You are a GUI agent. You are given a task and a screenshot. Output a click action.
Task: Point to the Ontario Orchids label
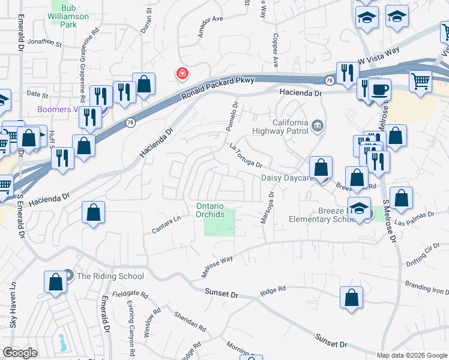pyautogui.click(x=210, y=210)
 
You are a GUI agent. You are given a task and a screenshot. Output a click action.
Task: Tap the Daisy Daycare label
pyautogui.click(x=288, y=178)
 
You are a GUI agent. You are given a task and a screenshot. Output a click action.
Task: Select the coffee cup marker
pyautogui.click(x=379, y=91)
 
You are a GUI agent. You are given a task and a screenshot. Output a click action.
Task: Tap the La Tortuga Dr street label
pyautogui.click(x=246, y=155)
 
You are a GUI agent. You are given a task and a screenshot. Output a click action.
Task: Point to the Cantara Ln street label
pyautogui.click(x=166, y=226)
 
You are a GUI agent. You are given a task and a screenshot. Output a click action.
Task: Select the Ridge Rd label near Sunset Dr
pyautogui.click(x=271, y=292)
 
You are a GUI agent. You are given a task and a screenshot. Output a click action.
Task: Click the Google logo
pyautogui.click(x=20, y=353)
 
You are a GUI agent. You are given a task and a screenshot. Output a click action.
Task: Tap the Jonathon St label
pyautogui.click(x=44, y=43)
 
